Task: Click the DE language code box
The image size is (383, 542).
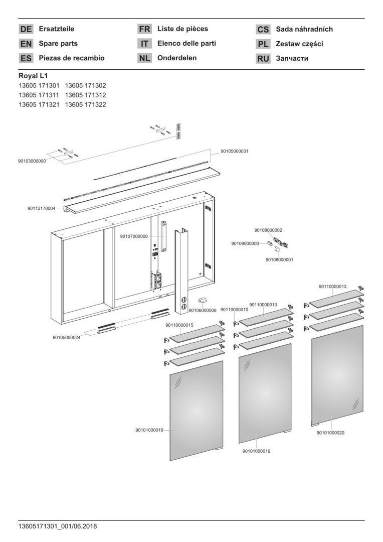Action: pos(26,29)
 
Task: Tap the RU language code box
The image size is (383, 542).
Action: pos(263,58)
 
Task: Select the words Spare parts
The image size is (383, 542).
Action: pos(58,44)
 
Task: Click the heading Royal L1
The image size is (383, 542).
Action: pos(33,76)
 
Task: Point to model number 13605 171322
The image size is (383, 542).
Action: pos(86,104)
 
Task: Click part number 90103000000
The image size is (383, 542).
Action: pos(32,161)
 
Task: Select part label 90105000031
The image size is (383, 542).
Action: pos(235,151)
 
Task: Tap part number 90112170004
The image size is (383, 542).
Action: pos(42,208)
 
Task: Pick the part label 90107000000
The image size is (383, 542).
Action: pos(134,236)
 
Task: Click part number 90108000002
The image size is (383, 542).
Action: pos(268,230)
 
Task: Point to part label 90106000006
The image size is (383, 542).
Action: pos(203,311)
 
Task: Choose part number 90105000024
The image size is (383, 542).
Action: pos(67,337)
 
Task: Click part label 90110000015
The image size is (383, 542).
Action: pos(179,326)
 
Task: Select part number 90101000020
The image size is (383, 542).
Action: pos(330,433)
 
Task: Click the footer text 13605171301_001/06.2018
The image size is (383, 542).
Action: pos(57,526)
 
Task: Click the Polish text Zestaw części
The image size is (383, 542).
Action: pos(299,44)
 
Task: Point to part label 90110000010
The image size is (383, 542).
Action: pos(234,310)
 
